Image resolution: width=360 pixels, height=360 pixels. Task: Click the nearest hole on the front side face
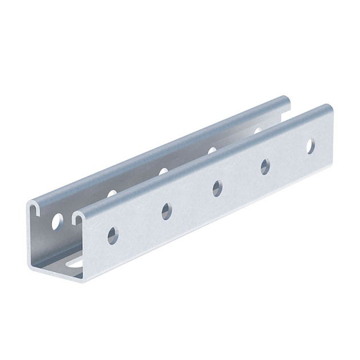coord(113,235)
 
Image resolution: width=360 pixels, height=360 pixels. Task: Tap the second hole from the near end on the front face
coord(166,211)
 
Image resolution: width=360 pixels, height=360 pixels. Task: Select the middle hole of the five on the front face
coord(217,188)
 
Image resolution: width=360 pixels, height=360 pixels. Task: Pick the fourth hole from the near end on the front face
coord(265,166)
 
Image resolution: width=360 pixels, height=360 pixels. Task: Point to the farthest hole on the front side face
coord(310,146)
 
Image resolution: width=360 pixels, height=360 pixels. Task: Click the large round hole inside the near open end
coord(57,221)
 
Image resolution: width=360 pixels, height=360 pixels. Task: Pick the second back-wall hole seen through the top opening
coord(163,171)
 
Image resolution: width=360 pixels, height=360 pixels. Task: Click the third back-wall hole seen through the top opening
coord(212,150)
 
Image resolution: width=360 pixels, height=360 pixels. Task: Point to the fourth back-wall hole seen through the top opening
coord(257,131)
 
